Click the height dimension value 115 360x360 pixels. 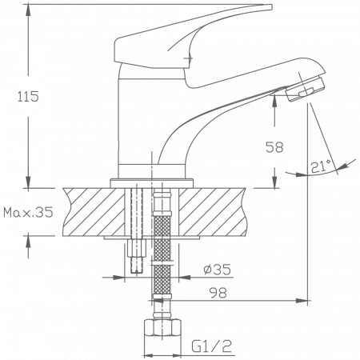(27, 97)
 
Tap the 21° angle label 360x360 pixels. (321, 166)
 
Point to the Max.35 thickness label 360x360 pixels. (28, 213)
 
